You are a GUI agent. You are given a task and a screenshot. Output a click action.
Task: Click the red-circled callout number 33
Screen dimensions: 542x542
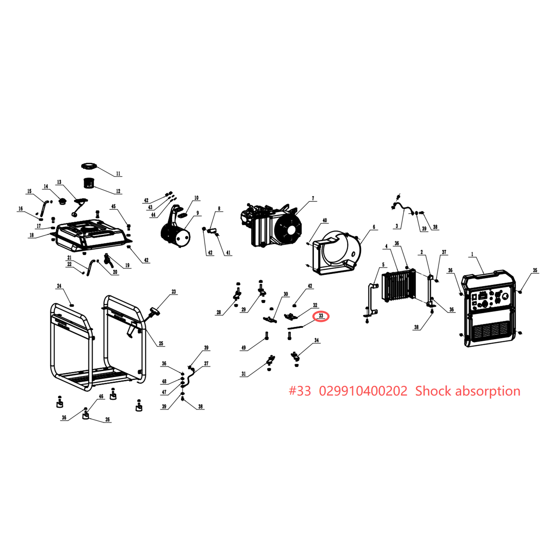coord(321,316)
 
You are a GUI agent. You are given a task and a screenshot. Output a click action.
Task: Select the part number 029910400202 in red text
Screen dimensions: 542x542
coord(363,391)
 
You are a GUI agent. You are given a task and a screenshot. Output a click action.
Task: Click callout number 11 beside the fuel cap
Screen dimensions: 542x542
coord(118,174)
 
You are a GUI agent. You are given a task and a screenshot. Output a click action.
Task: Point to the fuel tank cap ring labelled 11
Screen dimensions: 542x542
coord(89,166)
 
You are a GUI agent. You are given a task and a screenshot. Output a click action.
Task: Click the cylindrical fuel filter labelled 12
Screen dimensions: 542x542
coord(88,183)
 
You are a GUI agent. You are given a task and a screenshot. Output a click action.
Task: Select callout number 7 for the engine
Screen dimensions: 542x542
coord(313,198)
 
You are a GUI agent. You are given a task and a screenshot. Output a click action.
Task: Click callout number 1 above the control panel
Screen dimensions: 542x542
coord(472,254)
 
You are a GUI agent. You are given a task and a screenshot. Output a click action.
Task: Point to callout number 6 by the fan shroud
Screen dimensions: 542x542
coord(374,227)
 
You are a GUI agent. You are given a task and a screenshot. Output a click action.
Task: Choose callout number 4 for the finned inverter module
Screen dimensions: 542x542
coord(387,246)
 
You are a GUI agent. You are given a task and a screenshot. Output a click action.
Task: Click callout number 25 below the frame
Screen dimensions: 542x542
coord(161,343)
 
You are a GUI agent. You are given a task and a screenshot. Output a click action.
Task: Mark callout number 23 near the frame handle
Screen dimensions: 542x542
coord(174,291)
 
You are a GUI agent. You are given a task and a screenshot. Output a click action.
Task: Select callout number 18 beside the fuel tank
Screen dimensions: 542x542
coord(32,235)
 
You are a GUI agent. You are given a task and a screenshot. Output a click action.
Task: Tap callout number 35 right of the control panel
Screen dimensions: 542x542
coord(535,270)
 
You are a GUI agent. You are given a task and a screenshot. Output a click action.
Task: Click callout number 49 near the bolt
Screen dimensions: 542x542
coord(244,348)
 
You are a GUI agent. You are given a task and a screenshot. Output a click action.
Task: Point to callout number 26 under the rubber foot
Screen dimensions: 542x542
coord(107,419)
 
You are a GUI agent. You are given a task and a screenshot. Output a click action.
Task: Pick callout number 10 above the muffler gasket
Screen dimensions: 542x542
coord(196,198)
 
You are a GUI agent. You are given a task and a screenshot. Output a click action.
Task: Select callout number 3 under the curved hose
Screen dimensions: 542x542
coord(397,226)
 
